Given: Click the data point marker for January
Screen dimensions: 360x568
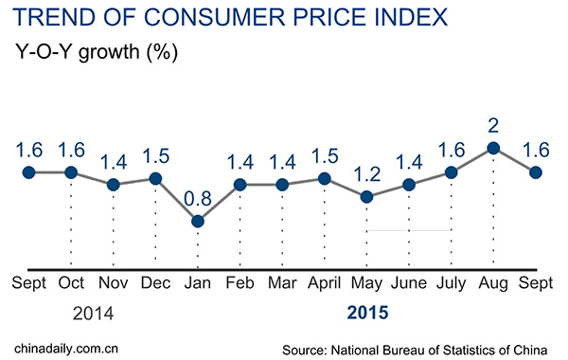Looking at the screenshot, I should [x=198, y=222].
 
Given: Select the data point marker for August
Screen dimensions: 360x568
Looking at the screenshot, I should [x=493, y=148].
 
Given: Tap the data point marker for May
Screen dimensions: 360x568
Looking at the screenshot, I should [x=367, y=197].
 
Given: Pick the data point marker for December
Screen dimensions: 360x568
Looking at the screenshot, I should [x=155, y=178].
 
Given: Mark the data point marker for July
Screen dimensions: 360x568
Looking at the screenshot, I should [x=452, y=172].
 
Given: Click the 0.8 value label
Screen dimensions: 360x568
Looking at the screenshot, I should [x=198, y=200].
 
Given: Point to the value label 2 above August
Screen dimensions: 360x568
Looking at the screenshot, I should [x=493, y=126].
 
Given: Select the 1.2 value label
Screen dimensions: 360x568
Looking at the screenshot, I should [x=367, y=175].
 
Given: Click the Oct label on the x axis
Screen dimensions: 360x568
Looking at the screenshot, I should [x=71, y=283].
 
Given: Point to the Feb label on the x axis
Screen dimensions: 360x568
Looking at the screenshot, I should [x=240, y=283].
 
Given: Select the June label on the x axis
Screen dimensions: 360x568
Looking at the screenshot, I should [x=409, y=283].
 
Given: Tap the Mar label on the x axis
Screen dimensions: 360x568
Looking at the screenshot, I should [x=282, y=283].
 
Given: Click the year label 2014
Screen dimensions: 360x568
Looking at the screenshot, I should [x=71, y=312].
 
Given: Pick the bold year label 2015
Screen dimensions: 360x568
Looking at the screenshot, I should [x=367, y=312].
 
